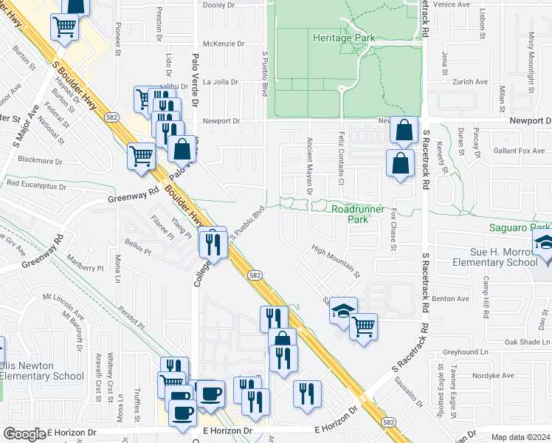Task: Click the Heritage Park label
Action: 344,38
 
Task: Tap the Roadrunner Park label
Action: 358,214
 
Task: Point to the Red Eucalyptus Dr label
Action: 37,183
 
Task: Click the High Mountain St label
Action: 335,261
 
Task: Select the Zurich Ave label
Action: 470,82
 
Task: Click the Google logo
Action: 24,434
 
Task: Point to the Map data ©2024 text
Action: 521,437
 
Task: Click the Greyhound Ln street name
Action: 466,352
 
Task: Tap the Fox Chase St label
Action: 394,228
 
